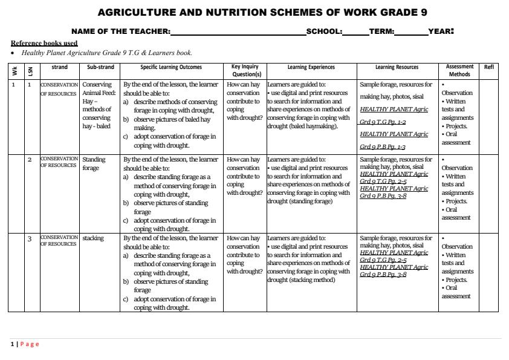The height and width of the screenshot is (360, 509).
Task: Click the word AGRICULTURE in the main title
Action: pos(135,12)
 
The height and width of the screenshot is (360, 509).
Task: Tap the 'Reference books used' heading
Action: pos(44,43)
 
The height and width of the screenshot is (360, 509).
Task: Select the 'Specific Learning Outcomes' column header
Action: pos(171,67)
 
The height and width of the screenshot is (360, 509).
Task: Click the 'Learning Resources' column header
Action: pos(397,67)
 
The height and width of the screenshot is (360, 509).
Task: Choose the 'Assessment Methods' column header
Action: pos(459,70)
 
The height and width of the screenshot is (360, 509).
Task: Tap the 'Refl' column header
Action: pos(489,67)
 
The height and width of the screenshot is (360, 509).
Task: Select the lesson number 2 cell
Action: pos(30,160)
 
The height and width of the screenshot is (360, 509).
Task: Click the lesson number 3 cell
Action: pos(30,238)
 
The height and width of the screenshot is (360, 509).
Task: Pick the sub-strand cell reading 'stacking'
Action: pos(93,238)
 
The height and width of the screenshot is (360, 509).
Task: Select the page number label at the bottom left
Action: pos(25,344)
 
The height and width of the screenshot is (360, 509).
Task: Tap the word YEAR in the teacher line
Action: pos(441,31)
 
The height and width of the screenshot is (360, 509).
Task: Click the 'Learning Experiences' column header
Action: pos(311,67)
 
